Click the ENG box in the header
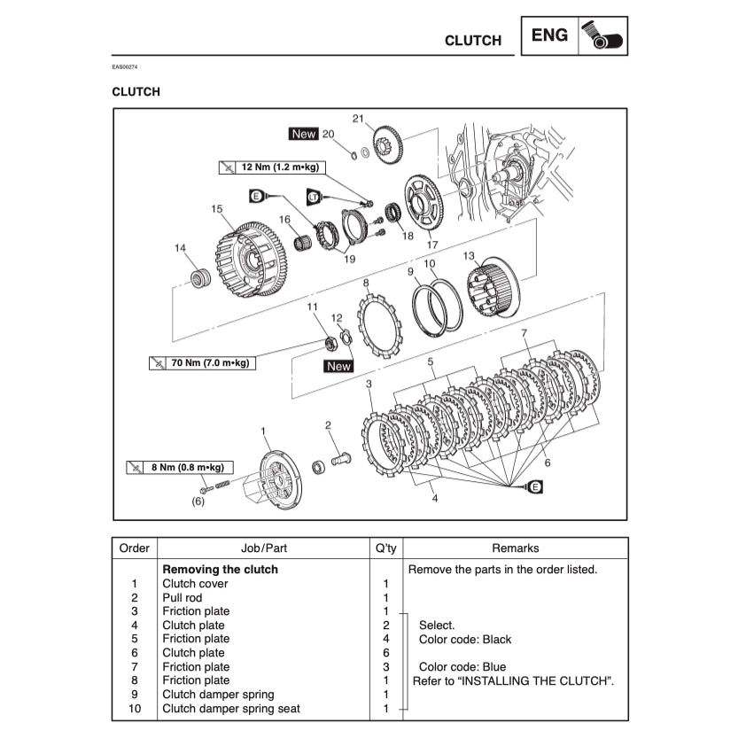[x=550, y=36]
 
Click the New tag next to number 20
[x=303, y=134]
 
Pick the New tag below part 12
[x=338, y=366]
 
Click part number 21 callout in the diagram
[x=358, y=119]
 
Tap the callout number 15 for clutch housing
[x=216, y=209]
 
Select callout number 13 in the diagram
[x=469, y=255]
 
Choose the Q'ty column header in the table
[x=385, y=548]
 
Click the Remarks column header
[x=515, y=548]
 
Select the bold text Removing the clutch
[x=220, y=570]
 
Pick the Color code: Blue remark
[x=462, y=667]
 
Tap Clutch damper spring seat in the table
[x=231, y=709]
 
